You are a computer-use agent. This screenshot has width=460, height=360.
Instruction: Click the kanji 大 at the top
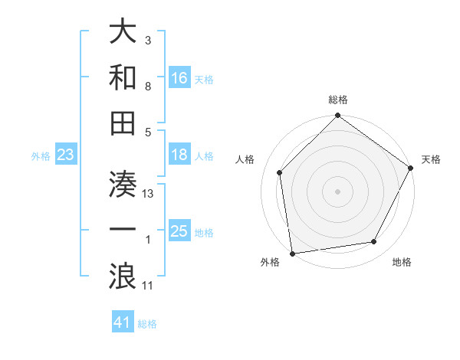click(x=123, y=33)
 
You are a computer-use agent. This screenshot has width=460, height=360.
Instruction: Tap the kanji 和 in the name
click(x=123, y=77)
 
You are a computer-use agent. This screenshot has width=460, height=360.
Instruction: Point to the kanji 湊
click(x=123, y=185)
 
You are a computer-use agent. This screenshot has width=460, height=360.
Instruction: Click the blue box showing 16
click(x=179, y=78)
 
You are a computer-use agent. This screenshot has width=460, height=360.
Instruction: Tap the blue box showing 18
click(x=179, y=155)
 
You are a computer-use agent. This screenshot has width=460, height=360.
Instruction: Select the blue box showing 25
click(x=179, y=231)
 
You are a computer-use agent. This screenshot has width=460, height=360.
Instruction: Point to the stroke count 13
click(x=149, y=194)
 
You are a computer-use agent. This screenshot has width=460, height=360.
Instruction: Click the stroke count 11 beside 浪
click(x=149, y=286)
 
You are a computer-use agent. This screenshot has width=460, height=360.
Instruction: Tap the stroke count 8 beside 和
click(x=148, y=87)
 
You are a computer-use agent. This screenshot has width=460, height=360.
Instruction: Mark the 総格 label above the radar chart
click(x=338, y=100)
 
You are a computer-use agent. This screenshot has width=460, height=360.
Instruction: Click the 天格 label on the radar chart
click(x=431, y=159)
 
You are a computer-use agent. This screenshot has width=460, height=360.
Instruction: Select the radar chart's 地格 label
click(x=402, y=263)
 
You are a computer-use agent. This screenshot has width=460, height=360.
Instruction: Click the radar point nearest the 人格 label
click(x=280, y=172)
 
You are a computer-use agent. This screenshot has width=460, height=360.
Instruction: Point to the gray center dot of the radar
click(x=338, y=191)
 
